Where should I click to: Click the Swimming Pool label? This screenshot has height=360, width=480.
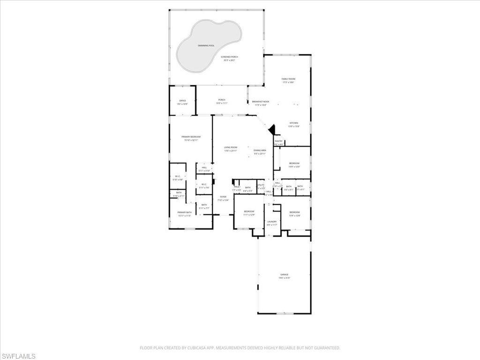click(x=206, y=45)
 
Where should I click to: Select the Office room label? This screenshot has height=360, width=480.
click(x=182, y=101)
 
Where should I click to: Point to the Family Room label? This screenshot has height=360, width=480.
click(x=288, y=79)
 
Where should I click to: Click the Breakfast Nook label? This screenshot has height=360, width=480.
click(x=261, y=102)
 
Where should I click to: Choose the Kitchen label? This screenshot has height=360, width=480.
click(x=293, y=123)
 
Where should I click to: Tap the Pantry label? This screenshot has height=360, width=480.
click(x=278, y=141)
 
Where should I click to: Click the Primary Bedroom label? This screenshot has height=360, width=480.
click(x=191, y=137)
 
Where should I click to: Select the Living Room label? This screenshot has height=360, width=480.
click(x=231, y=148)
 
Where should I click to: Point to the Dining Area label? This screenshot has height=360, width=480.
click(x=260, y=150)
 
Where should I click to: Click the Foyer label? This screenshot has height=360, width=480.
click(x=223, y=197)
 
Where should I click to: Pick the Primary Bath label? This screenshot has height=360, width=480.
click(x=184, y=213)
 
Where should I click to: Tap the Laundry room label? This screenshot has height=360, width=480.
click(x=272, y=222)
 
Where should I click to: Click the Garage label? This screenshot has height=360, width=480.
click(x=285, y=275)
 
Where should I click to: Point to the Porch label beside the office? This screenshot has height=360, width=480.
click(x=222, y=100)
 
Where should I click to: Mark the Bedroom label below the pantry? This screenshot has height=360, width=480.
click(x=294, y=163)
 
